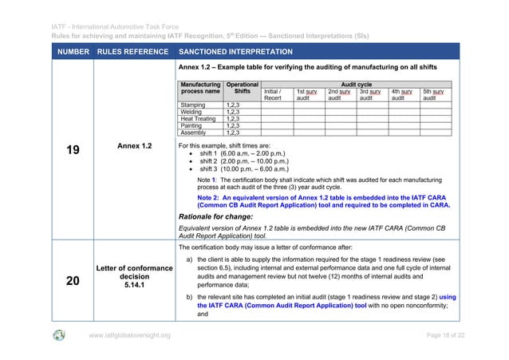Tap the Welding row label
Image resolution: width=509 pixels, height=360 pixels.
[191, 112]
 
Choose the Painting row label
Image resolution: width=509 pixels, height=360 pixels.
[191, 126]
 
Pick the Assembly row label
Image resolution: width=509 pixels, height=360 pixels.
[193, 133]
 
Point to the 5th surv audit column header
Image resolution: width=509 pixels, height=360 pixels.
[433, 95]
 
